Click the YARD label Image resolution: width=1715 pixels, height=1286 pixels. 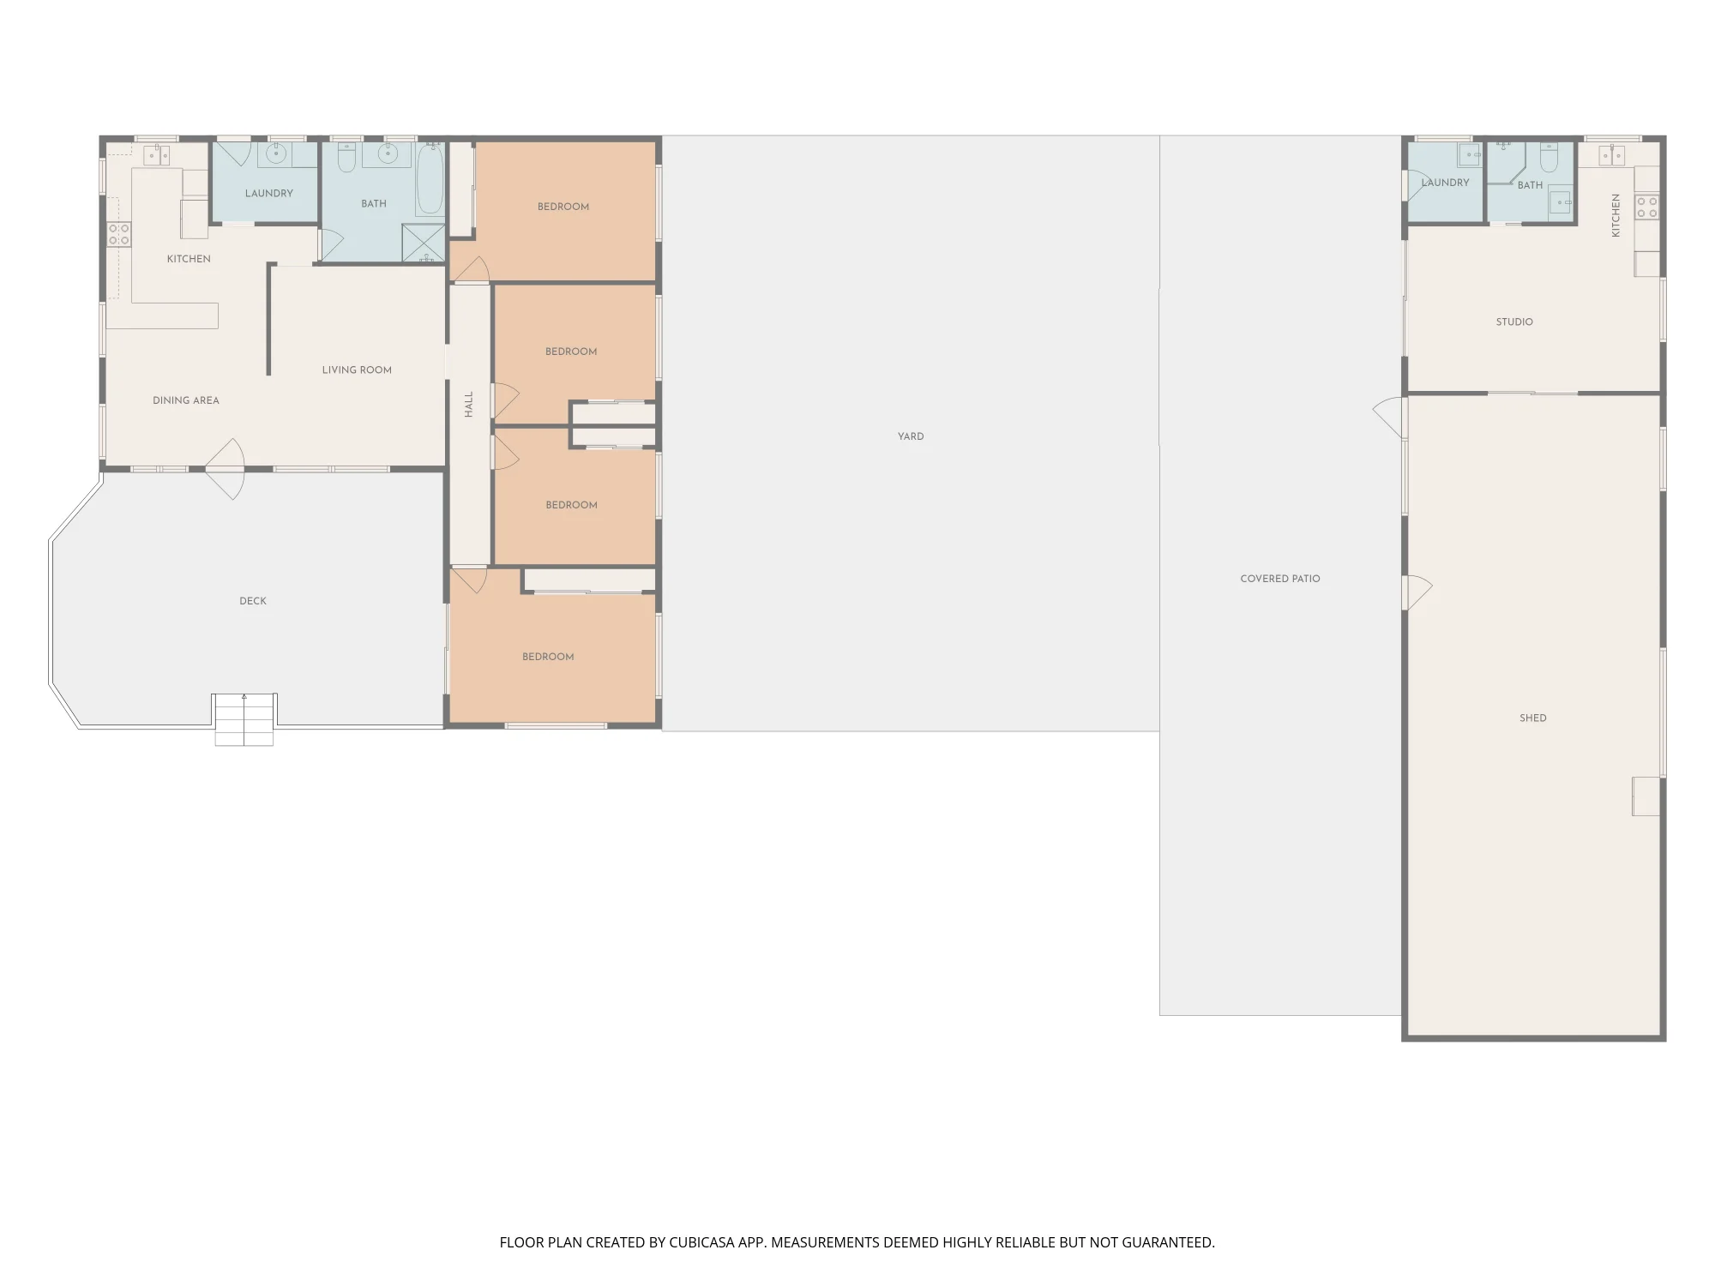(911, 436)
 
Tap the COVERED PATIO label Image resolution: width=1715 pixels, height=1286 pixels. (1280, 579)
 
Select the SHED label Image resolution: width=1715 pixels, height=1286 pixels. (1533, 718)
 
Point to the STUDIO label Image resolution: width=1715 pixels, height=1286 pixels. (1514, 322)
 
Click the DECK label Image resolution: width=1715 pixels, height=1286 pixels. (253, 601)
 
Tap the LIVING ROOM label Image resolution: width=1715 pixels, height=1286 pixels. (357, 370)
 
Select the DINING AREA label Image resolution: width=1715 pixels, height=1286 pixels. (186, 400)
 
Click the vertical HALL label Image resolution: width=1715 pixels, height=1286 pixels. (468, 405)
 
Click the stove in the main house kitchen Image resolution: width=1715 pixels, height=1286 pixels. (119, 234)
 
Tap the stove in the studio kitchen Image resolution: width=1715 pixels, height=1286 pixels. (1647, 207)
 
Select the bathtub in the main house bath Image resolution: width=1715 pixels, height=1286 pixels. (430, 179)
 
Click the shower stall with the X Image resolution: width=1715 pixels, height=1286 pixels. (424, 243)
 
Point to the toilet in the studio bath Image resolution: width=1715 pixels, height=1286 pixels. (1549, 158)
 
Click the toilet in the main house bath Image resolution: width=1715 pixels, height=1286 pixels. (346, 157)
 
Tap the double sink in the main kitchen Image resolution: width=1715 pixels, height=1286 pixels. (156, 155)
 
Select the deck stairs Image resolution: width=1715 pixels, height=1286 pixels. (244, 719)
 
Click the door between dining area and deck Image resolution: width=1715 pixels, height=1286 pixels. (227, 469)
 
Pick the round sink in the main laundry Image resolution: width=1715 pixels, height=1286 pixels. (275, 154)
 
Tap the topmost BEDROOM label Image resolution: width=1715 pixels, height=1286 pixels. (563, 207)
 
